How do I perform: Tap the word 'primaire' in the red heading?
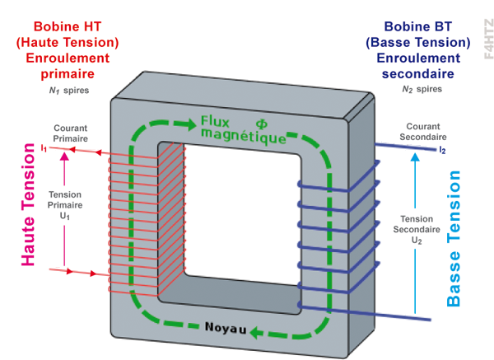coord(68,73)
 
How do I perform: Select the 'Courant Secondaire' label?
coord(422,133)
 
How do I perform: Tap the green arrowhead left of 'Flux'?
coord(181,124)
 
